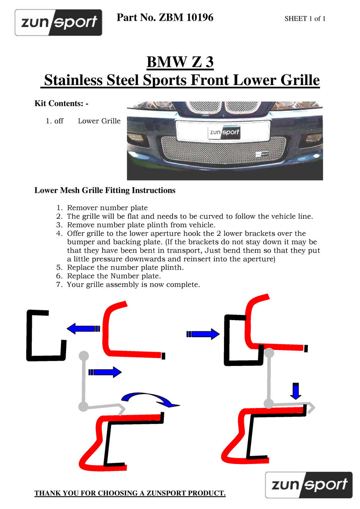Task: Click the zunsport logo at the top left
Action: [x=58, y=22]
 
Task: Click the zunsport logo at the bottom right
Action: [x=309, y=485]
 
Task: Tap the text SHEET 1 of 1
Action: [x=305, y=19]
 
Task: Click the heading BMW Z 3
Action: [x=180, y=62]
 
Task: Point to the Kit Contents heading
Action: [x=61, y=103]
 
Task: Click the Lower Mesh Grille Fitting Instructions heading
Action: [x=105, y=190]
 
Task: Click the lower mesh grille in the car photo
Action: [x=223, y=150]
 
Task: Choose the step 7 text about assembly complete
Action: [x=133, y=285]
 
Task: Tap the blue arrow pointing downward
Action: [x=295, y=391]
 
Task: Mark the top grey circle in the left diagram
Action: [x=84, y=356]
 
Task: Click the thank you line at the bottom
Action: [x=130, y=493]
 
